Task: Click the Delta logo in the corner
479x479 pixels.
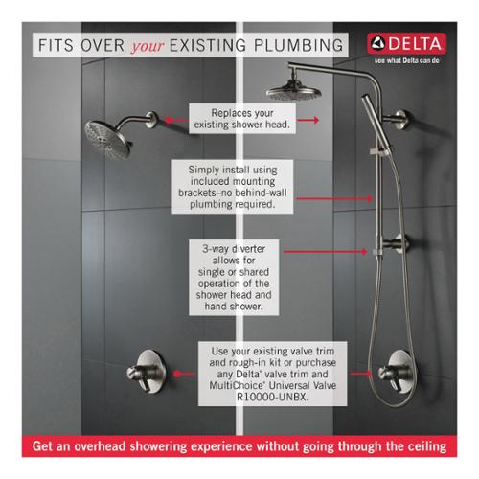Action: click(x=406, y=43)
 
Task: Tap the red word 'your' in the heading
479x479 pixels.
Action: click(x=148, y=46)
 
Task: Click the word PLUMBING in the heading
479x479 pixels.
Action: click(x=298, y=45)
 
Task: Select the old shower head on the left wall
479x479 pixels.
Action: click(x=107, y=140)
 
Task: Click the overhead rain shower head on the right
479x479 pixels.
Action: click(x=294, y=89)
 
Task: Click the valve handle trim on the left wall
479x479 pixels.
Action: click(x=147, y=372)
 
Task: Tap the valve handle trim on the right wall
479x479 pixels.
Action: click(x=396, y=372)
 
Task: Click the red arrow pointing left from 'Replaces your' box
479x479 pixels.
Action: click(x=175, y=121)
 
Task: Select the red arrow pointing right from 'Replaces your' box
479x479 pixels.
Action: click(x=308, y=120)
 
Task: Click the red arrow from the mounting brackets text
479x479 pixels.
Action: click(x=334, y=198)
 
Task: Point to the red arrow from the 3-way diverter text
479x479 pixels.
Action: click(x=325, y=252)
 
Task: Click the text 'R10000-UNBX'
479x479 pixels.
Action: click(x=272, y=397)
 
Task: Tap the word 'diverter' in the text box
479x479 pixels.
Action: click(x=248, y=249)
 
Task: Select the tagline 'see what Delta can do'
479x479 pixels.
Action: click(x=407, y=60)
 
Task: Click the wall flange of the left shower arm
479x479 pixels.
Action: click(x=151, y=120)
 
